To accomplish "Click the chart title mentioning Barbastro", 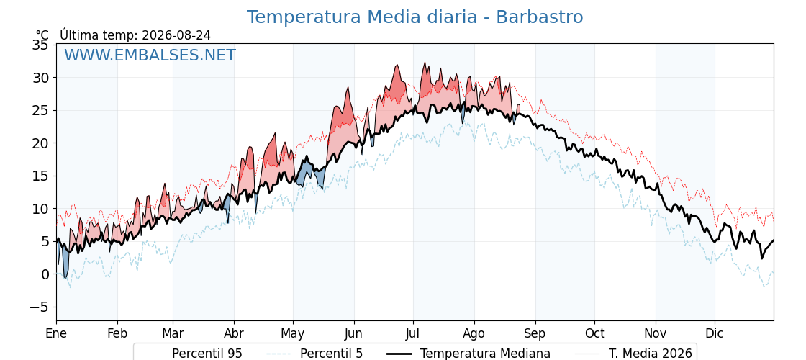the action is click(x=415, y=17).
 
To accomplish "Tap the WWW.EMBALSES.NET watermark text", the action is click(x=150, y=55).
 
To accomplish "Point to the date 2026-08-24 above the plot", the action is click(x=176, y=35).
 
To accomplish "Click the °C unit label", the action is click(x=42, y=35).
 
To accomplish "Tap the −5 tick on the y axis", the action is click(x=40, y=307).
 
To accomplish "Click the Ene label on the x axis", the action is click(x=56, y=333).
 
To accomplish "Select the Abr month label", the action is click(x=235, y=333).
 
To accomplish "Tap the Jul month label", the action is click(x=413, y=333).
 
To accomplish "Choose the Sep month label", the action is click(x=535, y=333).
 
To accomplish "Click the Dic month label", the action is click(x=715, y=333).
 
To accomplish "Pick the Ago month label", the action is click(x=474, y=333).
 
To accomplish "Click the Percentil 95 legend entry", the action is click(x=190, y=354).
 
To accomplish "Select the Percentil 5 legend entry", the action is click(x=314, y=354).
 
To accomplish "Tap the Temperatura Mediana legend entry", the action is click(x=468, y=354).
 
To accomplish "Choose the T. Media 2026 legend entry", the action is click(x=633, y=354).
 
